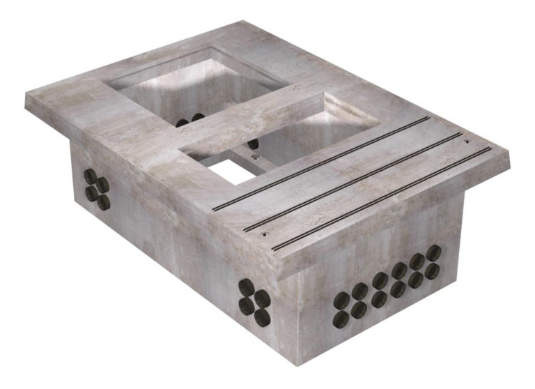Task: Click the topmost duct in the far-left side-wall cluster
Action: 92,172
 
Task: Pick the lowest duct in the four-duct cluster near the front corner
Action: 263,317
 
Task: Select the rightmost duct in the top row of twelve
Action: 433,252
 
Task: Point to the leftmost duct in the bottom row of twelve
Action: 341,319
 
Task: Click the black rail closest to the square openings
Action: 320,163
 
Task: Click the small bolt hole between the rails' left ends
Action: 263,235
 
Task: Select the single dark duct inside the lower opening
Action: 253,144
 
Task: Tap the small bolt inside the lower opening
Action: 255,161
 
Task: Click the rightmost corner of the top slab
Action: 513,154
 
